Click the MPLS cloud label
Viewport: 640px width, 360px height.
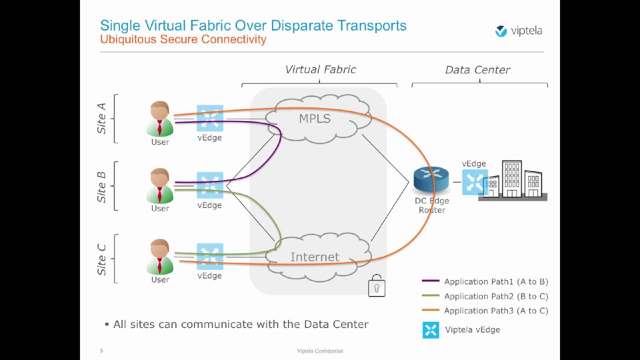(x=314, y=119)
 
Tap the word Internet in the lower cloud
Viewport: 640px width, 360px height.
(x=314, y=257)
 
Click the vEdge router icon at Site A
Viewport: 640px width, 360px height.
(x=209, y=118)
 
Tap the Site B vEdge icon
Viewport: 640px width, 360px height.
(x=209, y=185)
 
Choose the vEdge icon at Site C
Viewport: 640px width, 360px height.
(x=209, y=256)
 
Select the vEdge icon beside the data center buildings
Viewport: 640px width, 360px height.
(x=474, y=182)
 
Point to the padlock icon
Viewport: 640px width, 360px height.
(x=376, y=286)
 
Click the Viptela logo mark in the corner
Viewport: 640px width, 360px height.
(x=501, y=31)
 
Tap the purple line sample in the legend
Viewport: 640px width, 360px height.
(x=430, y=281)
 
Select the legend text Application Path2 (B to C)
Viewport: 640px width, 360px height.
(x=496, y=296)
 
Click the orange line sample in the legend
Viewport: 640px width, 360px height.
(x=430, y=310)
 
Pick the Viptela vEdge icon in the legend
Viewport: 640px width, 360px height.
(x=430, y=330)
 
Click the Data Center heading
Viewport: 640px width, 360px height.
(x=477, y=70)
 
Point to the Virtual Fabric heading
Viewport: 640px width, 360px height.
(x=320, y=69)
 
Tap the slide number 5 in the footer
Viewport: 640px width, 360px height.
(x=101, y=350)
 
